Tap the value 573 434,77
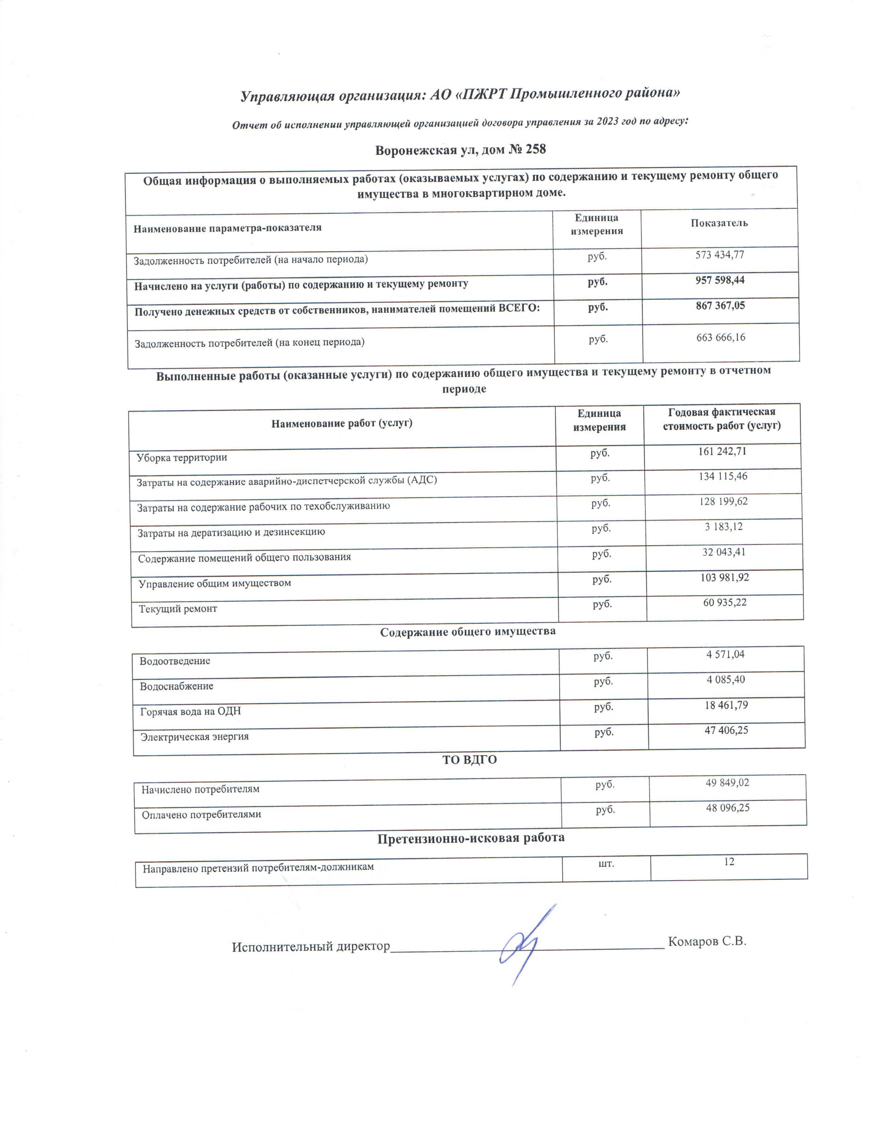click(720, 255)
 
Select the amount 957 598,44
click(720, 280)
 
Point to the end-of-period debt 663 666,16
click(721, 338)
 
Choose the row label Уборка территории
click(182, 457)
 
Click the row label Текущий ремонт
click(178, 609)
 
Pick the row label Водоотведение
click(175, 661)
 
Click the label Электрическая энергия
click(195, 736)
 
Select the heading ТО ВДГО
click(470, 760)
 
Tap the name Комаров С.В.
click(707, 941)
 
